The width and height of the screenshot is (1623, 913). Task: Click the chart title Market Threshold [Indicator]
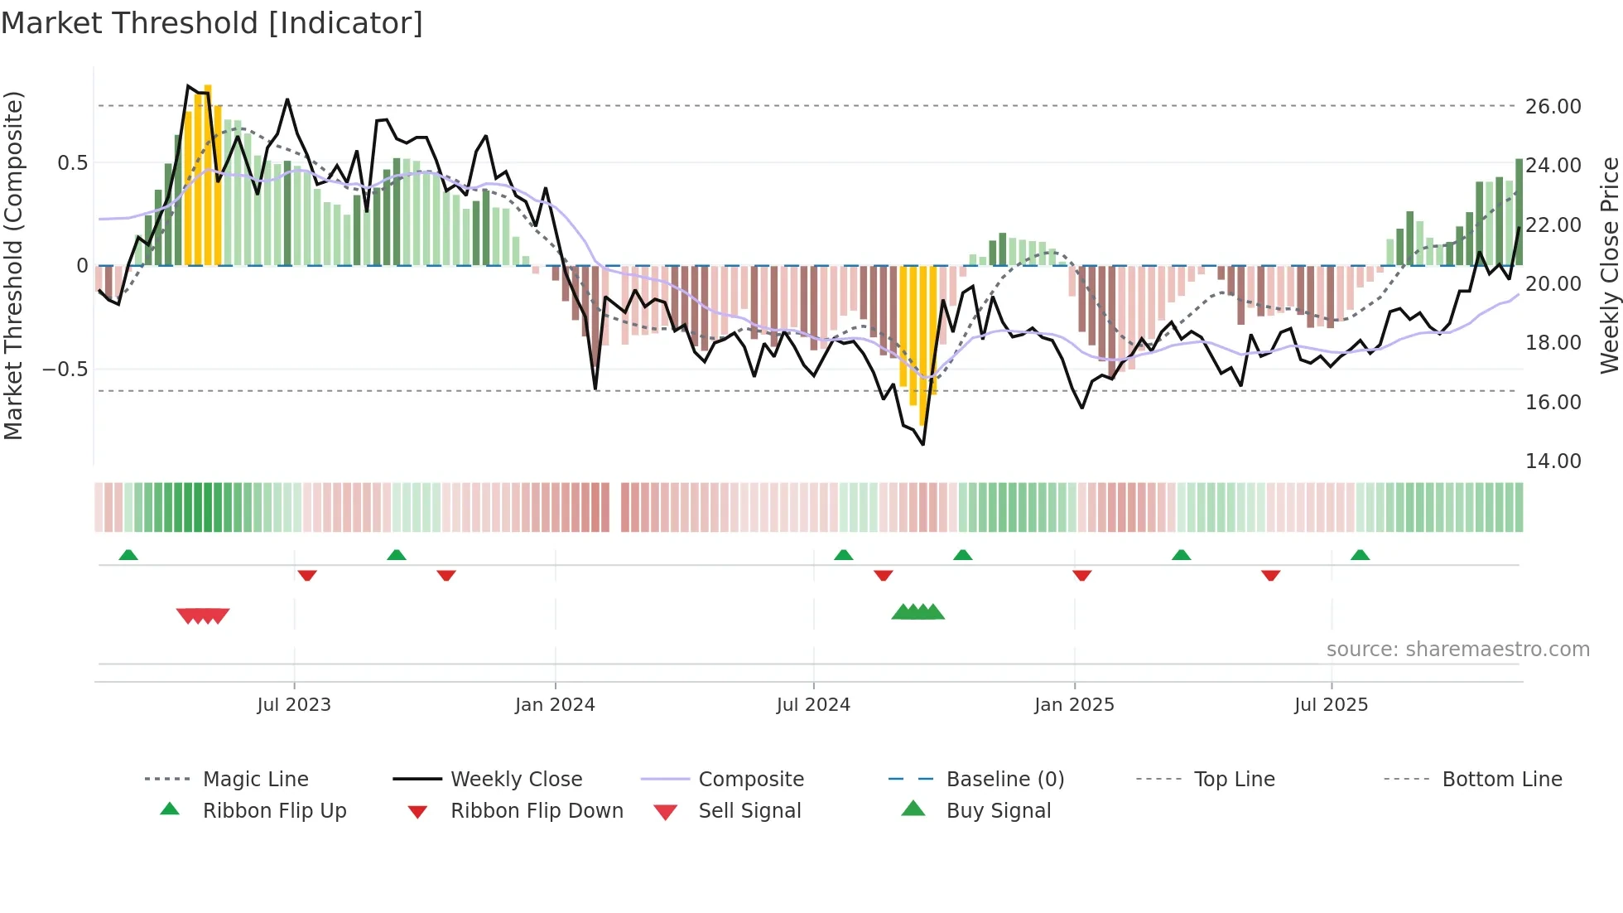(212, 23)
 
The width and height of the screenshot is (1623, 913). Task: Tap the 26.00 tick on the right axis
(1553, 107)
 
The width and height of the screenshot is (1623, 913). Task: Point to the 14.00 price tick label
(1553, 461)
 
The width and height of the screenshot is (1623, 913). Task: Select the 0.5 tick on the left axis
(73, 163)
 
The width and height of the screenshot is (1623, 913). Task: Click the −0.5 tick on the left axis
(65, 370)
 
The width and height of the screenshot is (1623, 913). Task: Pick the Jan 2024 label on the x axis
(555, 705)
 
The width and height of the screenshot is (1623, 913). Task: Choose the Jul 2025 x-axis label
(1331, 705)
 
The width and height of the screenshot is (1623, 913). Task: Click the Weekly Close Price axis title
(1608, 265)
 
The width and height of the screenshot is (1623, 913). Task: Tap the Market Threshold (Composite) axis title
(14, 265)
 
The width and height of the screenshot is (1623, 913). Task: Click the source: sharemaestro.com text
(1457, 650)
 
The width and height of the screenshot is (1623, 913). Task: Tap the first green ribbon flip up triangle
(128, 555)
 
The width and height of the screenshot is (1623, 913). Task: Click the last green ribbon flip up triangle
(1360, 555)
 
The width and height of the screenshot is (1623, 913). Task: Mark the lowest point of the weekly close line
(922, 445)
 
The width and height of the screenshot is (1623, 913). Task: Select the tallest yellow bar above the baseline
(208, 174)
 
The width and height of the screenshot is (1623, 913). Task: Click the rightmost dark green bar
(1519, 211)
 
